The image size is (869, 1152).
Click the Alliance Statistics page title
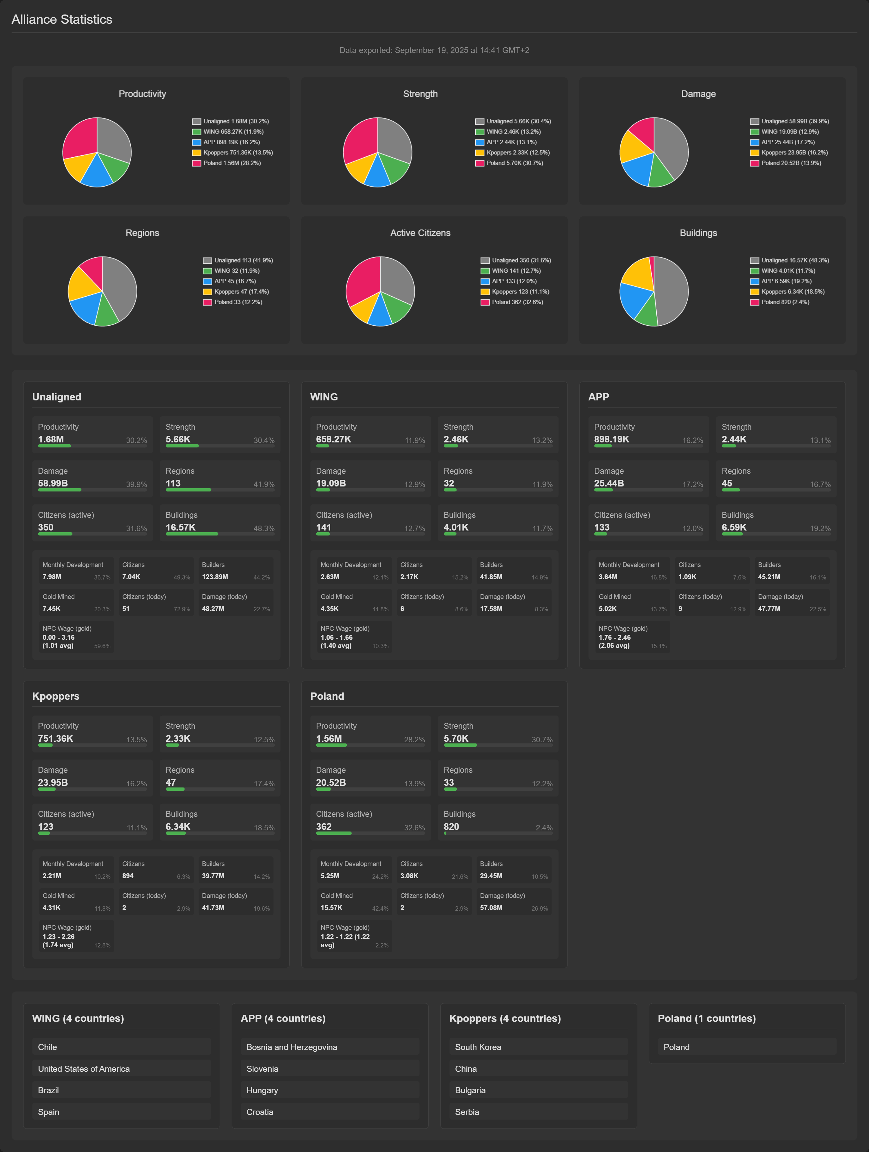click(x=62, y=19)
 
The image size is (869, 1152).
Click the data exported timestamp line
click(x=434, y=50)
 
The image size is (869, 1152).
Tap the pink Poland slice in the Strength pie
click(x=359, y=140)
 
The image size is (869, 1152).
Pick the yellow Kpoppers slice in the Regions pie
click(x=83, y=284)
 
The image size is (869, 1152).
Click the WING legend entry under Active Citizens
click(x=510, y=271)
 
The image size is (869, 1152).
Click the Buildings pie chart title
click(x=698, y=233)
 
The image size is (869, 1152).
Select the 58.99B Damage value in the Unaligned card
click(x=53, y=483)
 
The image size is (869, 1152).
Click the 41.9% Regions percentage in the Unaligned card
click(x=264, y=484)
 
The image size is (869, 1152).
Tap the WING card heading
click(x=324, y=397)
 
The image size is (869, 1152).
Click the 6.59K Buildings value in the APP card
click(x=734, y=528)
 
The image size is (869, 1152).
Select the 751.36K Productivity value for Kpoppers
click(x=55, y=739)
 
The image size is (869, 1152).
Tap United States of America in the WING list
click(x=84, y=1069)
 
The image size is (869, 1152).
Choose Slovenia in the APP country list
click(x=262, y=1069)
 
